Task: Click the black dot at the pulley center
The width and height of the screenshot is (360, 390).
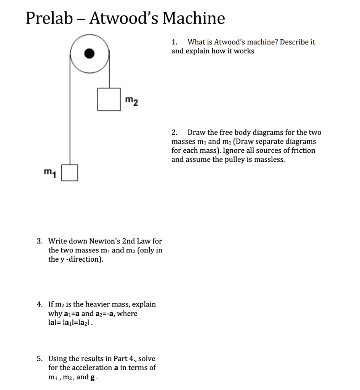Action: click(x=89, y=53)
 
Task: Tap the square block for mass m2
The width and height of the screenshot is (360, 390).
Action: click(x=109, y=99)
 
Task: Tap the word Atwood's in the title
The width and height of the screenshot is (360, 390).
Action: click(x=123, y=18)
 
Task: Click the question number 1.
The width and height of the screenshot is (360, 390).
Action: click(x=174, y=42)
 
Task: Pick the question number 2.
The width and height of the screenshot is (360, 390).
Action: click(x=174, y=133)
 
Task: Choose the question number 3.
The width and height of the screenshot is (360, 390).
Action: click(x=39, y=241)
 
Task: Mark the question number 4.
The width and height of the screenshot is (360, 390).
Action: click(x=39, y=304)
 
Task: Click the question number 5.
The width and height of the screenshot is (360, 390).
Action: click(x=39, y=358)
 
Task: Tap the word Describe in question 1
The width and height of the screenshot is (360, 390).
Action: click(x=294, y=42)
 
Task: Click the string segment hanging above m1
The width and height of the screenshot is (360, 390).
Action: click(x=70, y=114)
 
